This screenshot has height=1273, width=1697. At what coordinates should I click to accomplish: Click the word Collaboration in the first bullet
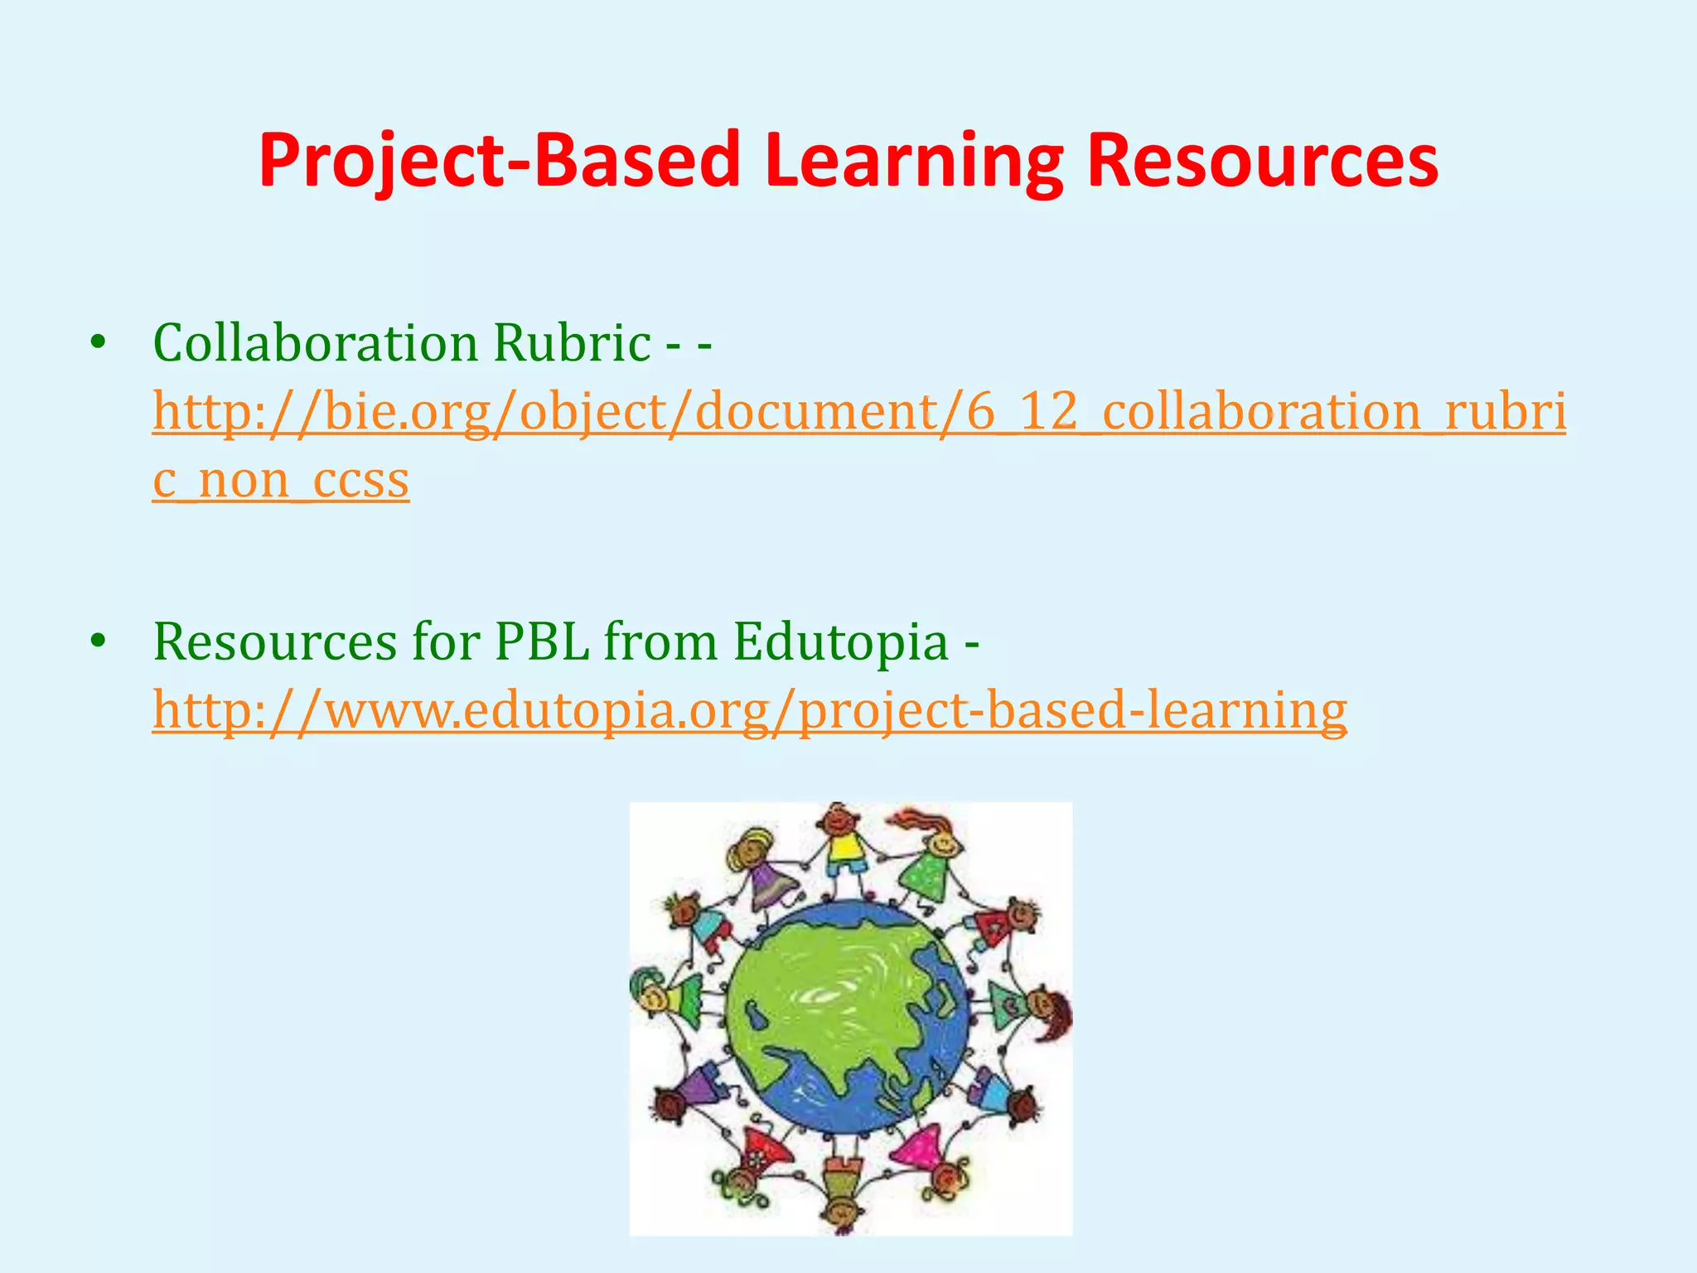click(315, 342)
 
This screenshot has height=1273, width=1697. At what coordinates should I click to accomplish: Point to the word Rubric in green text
click(572, 342)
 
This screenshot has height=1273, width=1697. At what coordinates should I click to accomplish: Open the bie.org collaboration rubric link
click(859, 412)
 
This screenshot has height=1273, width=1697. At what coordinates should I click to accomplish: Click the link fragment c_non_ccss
click(281, 480)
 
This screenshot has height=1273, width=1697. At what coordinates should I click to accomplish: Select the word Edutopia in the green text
click(840, 641)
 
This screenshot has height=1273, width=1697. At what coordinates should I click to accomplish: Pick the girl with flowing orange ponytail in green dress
click(932, 862)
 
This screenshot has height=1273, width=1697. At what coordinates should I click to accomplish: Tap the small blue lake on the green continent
click(755, 1013)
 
